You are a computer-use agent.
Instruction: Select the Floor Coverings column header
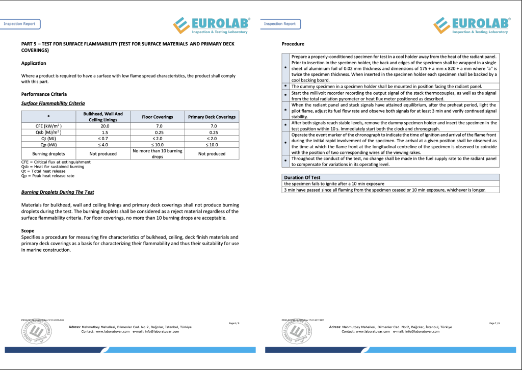pyautogui.click(x=157, y=117)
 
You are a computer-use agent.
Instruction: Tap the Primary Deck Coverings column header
pyautogui.click(x=212, y=117)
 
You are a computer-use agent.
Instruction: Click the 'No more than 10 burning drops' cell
pyautogui.click(x=157, y=153)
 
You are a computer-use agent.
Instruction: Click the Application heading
pyautogui.click(x=34, y=63)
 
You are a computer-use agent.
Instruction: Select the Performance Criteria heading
pyautogui.click(x=44, y=94)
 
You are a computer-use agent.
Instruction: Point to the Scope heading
pyautogui.click(x=28, y=231)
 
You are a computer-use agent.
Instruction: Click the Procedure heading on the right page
pyautogui.click(x=293, y=44)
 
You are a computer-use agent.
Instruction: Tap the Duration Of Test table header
pyautogui.click(x=302, y=177)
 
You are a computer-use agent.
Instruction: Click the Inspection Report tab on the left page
pyautogui.click(x=20, y=24)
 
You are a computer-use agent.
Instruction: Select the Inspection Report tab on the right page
pyautogui.click(x=280, y=24)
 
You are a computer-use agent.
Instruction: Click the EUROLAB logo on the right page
pyautogui.click(x=472, y=25)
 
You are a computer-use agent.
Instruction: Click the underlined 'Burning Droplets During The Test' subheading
pyautogui.click(x=58, y=192)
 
